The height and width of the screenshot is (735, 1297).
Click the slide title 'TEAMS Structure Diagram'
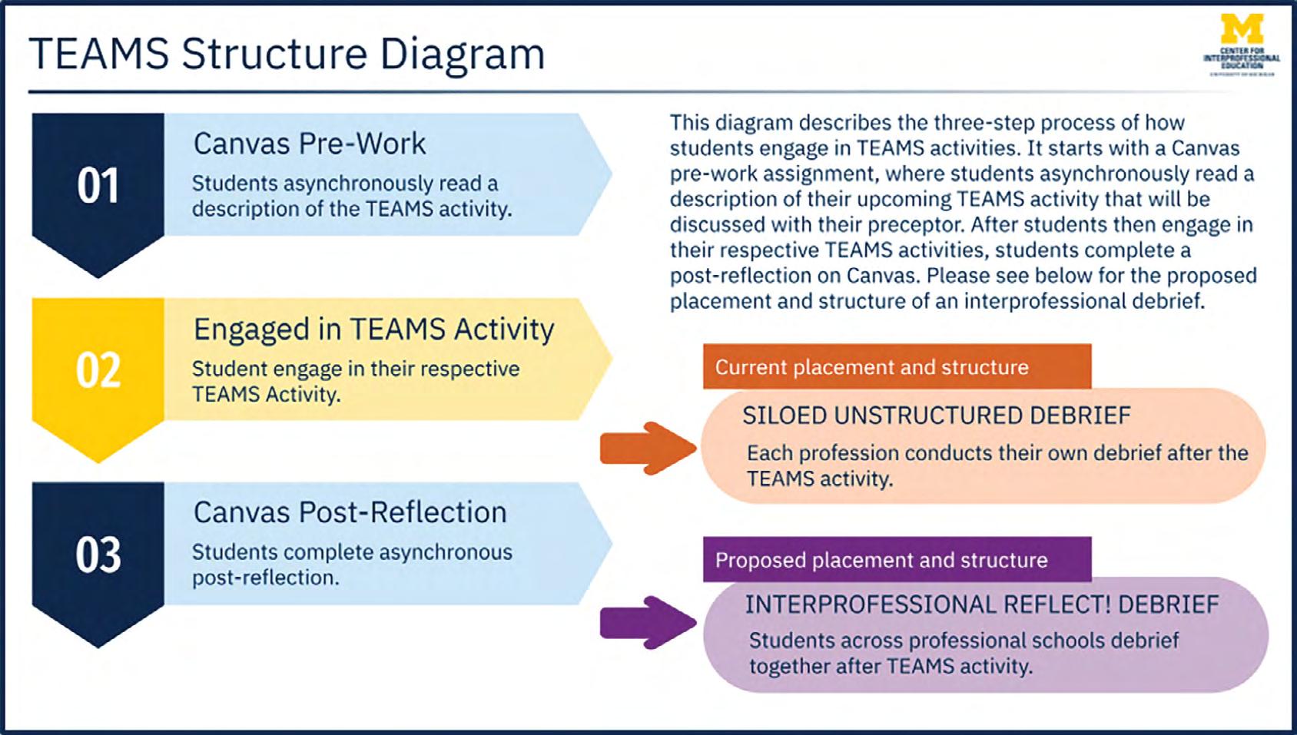(x=286, y=55)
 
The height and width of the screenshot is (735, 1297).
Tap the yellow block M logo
(x=1241, y=29)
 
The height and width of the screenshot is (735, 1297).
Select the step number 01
(x=98, y=186)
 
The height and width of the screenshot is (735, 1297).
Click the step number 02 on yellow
(x=98, y=370)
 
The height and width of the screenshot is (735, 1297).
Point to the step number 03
(x=98, y=555)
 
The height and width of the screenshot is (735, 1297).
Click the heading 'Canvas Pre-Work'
(x=309, y=144)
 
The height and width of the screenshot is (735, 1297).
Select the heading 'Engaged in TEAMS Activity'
(x=373, y=329)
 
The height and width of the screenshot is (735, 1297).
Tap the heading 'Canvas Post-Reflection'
(x=350, y=512)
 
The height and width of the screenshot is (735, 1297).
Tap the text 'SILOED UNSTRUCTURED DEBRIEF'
(x=936, y=416)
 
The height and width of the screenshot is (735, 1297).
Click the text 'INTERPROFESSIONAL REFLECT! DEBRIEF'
(x=981, y=604)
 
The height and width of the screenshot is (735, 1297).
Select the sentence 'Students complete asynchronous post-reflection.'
(x=351, y=564)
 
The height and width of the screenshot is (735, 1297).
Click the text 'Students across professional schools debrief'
(x=964, y=641)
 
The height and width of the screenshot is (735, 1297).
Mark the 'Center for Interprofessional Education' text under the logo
(x=1241, y=58)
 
